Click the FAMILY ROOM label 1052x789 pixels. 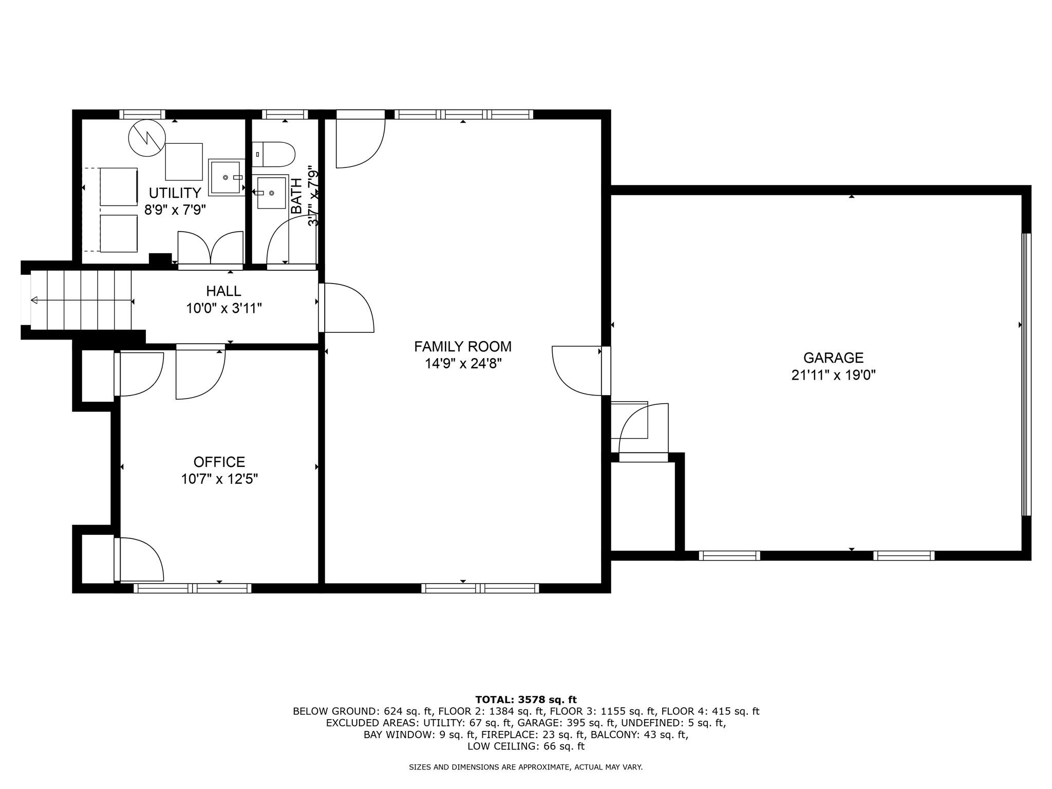click(463, 347)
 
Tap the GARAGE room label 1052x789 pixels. click(833, 358)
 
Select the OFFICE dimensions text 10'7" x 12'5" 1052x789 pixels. click(219, 479)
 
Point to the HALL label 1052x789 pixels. click(223, 291)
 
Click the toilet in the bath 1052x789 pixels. click(275, 154)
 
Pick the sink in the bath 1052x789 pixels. click(271, 193)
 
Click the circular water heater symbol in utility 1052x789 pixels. click(147, 138)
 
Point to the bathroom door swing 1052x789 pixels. click(288, 241)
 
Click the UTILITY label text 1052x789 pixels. click(175, 193)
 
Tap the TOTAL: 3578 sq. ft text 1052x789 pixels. click(526, 700)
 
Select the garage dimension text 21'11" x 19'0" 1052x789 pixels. click(833, 375)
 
